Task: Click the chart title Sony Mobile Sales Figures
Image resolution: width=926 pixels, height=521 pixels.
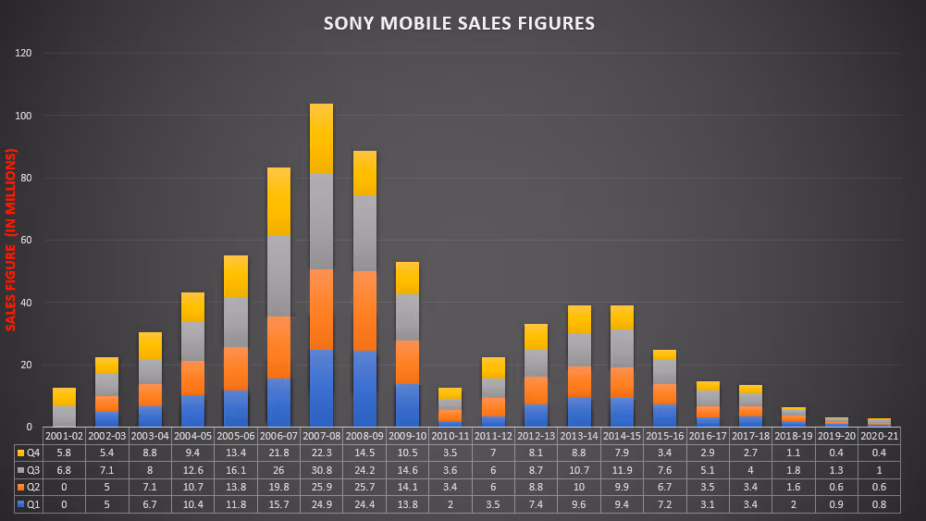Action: [459, 23]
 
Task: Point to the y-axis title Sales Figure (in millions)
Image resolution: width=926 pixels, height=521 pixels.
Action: [11, 240]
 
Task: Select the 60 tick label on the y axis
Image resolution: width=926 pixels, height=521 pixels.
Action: [27, 241]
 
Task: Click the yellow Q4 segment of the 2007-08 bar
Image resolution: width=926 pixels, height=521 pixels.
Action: [322, 138]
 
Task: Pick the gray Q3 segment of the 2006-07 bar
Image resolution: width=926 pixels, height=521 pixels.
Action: [278, 277]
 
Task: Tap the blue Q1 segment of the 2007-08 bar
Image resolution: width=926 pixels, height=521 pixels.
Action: [322, 388]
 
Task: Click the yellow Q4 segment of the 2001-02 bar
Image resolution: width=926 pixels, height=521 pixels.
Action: [64, 397]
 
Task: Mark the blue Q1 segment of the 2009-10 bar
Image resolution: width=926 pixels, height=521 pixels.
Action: [408, 405]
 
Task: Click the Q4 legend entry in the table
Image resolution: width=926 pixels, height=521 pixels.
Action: [28, 453]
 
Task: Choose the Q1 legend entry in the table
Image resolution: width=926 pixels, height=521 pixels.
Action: [28, 503]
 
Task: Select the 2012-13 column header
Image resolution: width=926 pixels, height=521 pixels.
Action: [537, 436]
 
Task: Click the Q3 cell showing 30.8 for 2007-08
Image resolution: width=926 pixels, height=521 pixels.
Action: [322, 470]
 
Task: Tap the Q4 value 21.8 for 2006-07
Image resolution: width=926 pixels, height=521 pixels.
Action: [278, 453]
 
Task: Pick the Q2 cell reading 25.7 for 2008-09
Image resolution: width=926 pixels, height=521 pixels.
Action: [364, 487]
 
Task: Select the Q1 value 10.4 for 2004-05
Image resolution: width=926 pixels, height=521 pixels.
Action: [192, 503]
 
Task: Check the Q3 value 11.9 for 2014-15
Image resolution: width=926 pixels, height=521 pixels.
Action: [623, 470]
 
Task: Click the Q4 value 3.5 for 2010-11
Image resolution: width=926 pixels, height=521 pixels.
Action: [451, 453]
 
